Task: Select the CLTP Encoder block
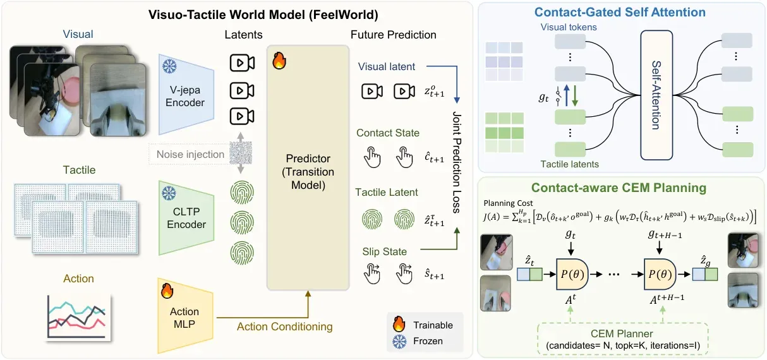tap(186, 218)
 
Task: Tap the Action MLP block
tap(185, 316)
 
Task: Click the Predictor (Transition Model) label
tap(308, 172)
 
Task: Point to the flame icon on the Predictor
tap(279, 61)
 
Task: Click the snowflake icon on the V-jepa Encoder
tap(169, 66)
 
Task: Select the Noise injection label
tap(190, 154)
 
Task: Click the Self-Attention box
tap(656, 95)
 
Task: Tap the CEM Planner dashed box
tap(622, 339)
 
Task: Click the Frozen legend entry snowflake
tap(399, 342)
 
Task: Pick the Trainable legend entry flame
tap(399, 324)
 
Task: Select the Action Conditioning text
tap(284, 327)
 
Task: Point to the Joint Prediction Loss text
tap(457, 162)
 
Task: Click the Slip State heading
tap(385, 251)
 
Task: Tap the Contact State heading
tap(388, 133)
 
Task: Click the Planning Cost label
tap(508, 203)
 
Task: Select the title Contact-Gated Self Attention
tap(620, 13)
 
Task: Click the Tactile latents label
tap(569, 164)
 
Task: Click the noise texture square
tap(241, 153)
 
